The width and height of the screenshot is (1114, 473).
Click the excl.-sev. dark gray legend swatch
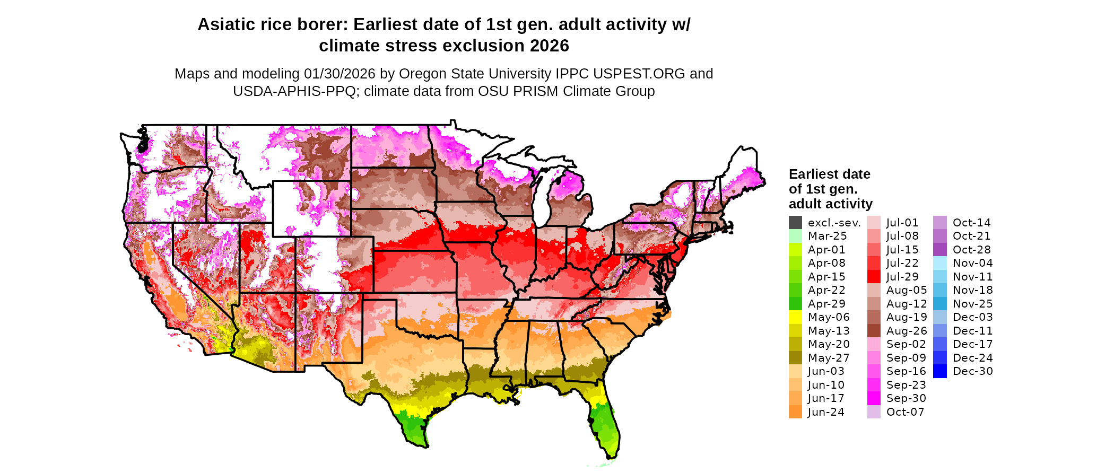pos(795,223)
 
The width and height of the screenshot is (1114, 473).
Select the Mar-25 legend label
pos(827,236)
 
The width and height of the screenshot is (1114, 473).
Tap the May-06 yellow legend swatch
pos(795,317)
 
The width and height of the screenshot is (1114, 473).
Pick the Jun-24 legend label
pos(826,412)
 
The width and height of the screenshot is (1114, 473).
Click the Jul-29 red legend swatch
pos(874,277)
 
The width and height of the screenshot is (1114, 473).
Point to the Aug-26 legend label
pos(907,331)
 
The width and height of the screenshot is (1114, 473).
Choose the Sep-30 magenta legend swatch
pos(874,398)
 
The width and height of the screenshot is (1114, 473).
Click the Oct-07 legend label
pos(905,412)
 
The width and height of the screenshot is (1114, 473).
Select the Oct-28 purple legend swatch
pos(939,250)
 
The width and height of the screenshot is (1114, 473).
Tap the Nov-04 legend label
pos(972,263)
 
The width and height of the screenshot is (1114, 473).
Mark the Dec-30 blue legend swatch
pos(939,371)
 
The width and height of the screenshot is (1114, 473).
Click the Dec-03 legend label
pos(972,317)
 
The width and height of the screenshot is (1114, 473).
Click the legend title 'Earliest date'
pos(829,174)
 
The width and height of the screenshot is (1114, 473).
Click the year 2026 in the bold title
pos(546,46)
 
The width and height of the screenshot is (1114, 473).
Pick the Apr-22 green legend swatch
pos(795,290)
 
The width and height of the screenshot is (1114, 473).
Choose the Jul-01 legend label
pos(902,223)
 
